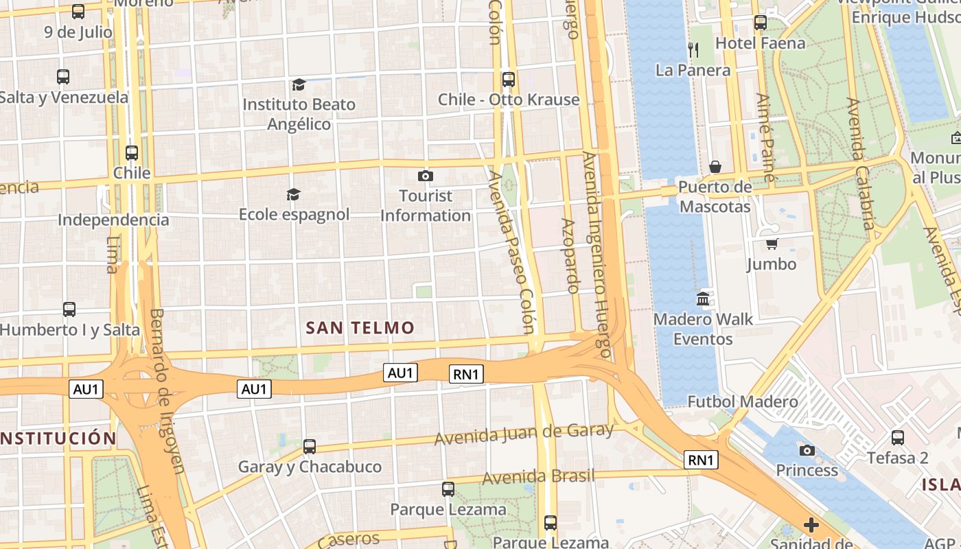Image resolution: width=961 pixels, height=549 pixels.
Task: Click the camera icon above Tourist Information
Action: [426, 176]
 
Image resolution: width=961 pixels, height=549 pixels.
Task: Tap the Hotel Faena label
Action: [760, 43]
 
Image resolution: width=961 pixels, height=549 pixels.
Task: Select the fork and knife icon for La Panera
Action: [693, 49]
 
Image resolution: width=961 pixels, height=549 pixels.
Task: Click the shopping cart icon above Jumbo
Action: [772, 244]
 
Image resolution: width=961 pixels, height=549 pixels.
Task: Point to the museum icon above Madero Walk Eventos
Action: [703, 299]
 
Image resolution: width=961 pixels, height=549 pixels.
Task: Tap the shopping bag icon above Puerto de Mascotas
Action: [715, 167]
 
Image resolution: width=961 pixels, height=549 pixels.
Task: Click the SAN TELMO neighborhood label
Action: [360, 328]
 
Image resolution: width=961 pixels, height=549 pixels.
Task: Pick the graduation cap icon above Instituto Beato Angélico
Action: [299, 84]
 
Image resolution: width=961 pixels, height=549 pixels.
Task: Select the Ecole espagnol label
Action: [294, 215]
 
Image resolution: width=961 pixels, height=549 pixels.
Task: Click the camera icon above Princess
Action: [807, 450]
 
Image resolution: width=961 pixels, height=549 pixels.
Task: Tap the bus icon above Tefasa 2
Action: [898, 437]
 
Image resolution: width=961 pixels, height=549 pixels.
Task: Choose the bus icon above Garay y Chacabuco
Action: [310, 447]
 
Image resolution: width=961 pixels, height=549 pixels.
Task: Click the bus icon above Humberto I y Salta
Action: [69, 309]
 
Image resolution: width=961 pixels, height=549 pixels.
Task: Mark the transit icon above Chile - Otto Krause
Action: [509, 80]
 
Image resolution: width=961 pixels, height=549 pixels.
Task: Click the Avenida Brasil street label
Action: [538, 476]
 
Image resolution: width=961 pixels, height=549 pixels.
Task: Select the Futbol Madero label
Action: [743, 401]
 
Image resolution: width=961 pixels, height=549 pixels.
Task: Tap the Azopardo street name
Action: [571, 255]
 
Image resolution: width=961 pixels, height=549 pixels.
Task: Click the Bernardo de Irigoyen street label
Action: [167, 391]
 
